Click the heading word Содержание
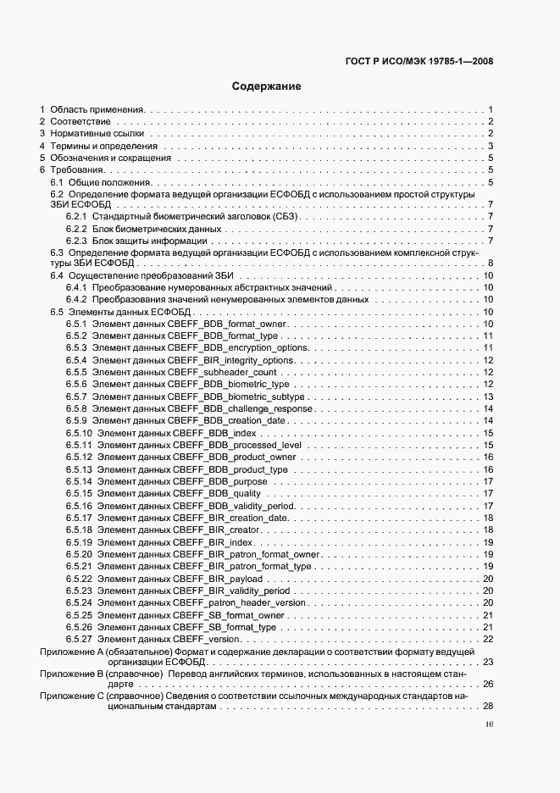coord(266,86)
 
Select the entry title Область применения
coord(97,110)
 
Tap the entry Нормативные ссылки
coord(97,134)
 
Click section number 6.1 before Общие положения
coord(57,182)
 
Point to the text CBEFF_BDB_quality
coord(218,493)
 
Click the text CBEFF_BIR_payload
coord(218,579)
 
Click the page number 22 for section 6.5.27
coord(488,639)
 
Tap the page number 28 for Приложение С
coord(488,707)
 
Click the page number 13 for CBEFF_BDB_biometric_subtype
coord(488,396)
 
